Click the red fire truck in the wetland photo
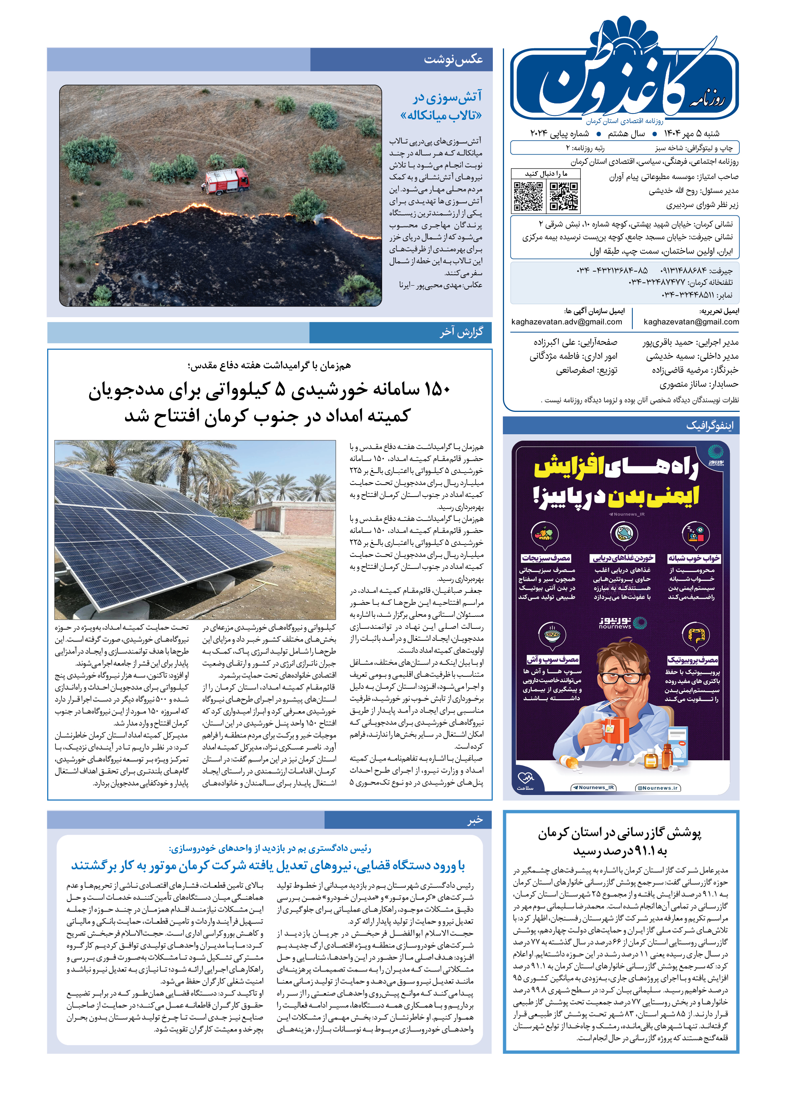point(226,181)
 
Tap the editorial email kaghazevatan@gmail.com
point(691,322)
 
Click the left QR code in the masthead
point(528,196)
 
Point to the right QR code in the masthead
point(564,196)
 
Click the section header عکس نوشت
point(453,60)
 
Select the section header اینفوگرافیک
point(709,426)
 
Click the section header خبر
point(474,820)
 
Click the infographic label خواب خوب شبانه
point(693,558)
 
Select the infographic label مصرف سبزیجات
point(546,558)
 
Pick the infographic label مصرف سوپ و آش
point(553,660)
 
